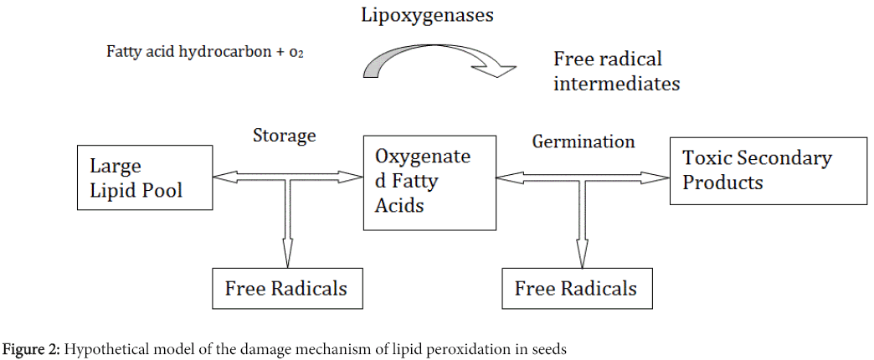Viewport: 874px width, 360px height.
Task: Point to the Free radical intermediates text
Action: tap(616, 71)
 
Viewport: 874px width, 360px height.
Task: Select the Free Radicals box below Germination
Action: tap(576, 289)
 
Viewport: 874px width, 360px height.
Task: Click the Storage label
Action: tap(285, 136)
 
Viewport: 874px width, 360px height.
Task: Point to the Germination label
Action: tap(584, 141)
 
